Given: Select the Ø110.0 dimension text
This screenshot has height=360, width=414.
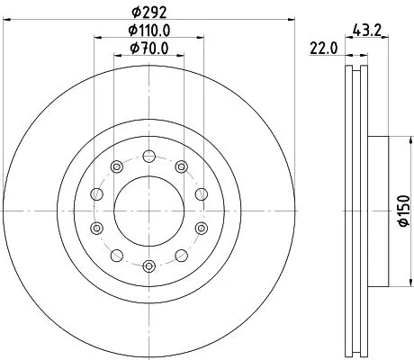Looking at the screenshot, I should click(x=148, y=31).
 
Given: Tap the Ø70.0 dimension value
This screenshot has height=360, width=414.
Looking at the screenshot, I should click(x=148, y=49).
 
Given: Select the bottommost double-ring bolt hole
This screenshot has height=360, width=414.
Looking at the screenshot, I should click(x=148, y=265).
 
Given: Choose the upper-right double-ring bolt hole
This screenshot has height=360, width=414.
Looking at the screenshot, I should click(x=182, y=165).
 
